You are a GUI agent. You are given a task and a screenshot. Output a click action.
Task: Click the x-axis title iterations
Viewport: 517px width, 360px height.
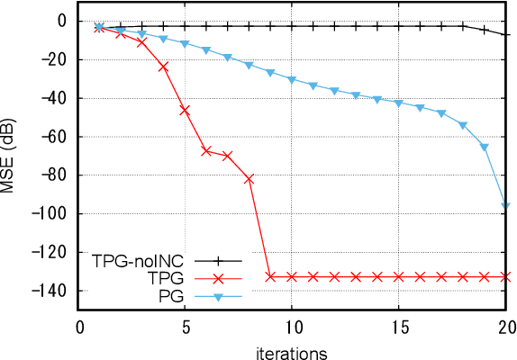[x=292, y=349]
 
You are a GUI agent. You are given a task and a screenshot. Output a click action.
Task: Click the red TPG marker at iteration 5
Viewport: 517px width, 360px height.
[x=185, y=110]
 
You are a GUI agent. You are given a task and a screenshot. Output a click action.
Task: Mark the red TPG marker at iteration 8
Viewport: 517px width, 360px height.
[x=249, y=179]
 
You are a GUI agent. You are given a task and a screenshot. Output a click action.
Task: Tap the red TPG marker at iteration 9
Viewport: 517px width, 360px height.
[x=270, y=276]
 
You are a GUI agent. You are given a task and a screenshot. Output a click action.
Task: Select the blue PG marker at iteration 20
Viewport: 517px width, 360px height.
[x=505, y=206]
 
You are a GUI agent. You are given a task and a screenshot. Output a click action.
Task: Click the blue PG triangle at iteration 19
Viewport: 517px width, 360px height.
[x=485, y=147]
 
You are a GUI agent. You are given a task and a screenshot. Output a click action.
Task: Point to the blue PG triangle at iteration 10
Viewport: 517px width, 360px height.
[x=292, y=79]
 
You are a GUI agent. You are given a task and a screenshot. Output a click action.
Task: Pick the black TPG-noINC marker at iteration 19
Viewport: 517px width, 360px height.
[x=485, y=30]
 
